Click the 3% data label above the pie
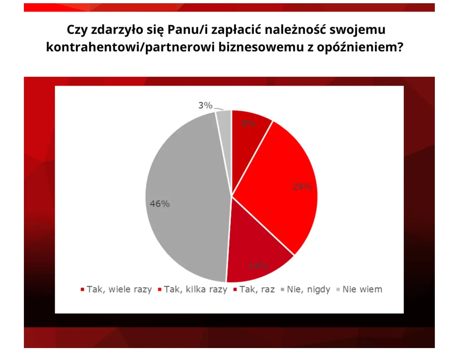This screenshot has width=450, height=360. [205, 105]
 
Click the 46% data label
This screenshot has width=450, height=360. [159, 204]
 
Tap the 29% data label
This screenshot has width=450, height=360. [302, 186]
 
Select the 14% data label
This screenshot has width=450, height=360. [258, 266]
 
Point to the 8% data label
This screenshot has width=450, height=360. [249, 123]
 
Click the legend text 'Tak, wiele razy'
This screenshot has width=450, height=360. [119, 289]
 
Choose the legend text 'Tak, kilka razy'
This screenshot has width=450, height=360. [195, 289]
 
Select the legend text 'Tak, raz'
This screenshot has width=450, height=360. [257, 289]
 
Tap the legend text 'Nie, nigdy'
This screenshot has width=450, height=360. [308, 289]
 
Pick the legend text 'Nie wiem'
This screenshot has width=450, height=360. [362, 289]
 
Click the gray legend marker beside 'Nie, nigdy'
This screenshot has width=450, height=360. [282, 290]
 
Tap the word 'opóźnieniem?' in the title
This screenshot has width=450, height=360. [360, 47]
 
